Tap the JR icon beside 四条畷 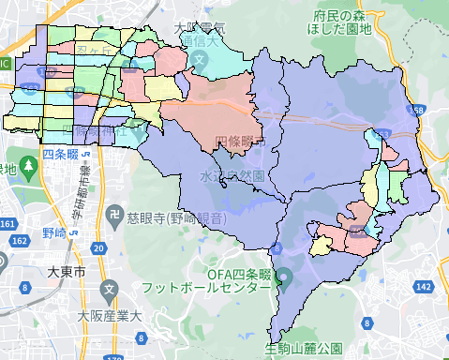(x=84, y=153)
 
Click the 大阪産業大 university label (x=110, y=315)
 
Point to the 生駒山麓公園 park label (x=304, y=349)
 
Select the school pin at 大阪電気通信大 (x=201, y=58)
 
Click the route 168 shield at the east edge (x=418, y=111)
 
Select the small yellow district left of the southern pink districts (x=322, y=246)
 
